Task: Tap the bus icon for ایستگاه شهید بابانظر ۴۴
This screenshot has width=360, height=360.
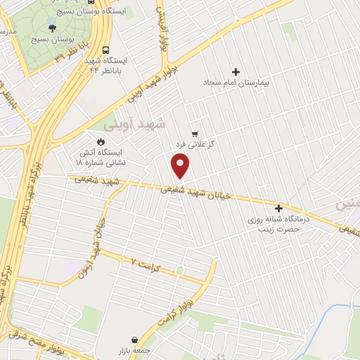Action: click(x=105, y=51)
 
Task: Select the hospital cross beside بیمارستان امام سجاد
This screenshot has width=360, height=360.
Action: click(x=236, y=71)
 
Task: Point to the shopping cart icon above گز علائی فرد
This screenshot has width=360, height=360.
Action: click(x=195, y=133)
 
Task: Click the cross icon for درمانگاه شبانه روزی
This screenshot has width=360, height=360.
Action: click(x=279, y=208)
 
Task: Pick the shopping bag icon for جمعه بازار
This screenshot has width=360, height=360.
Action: click(x=134, y=338)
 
